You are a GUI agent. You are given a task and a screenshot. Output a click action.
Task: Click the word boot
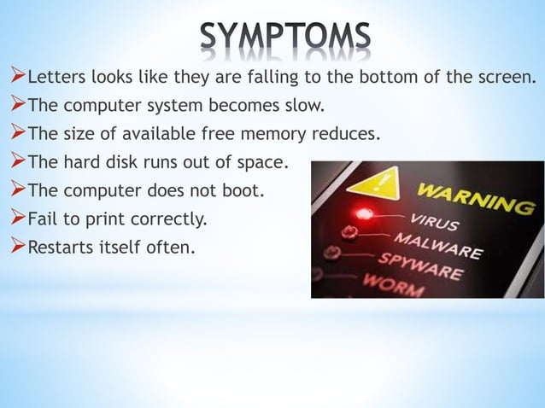[246, 190]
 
